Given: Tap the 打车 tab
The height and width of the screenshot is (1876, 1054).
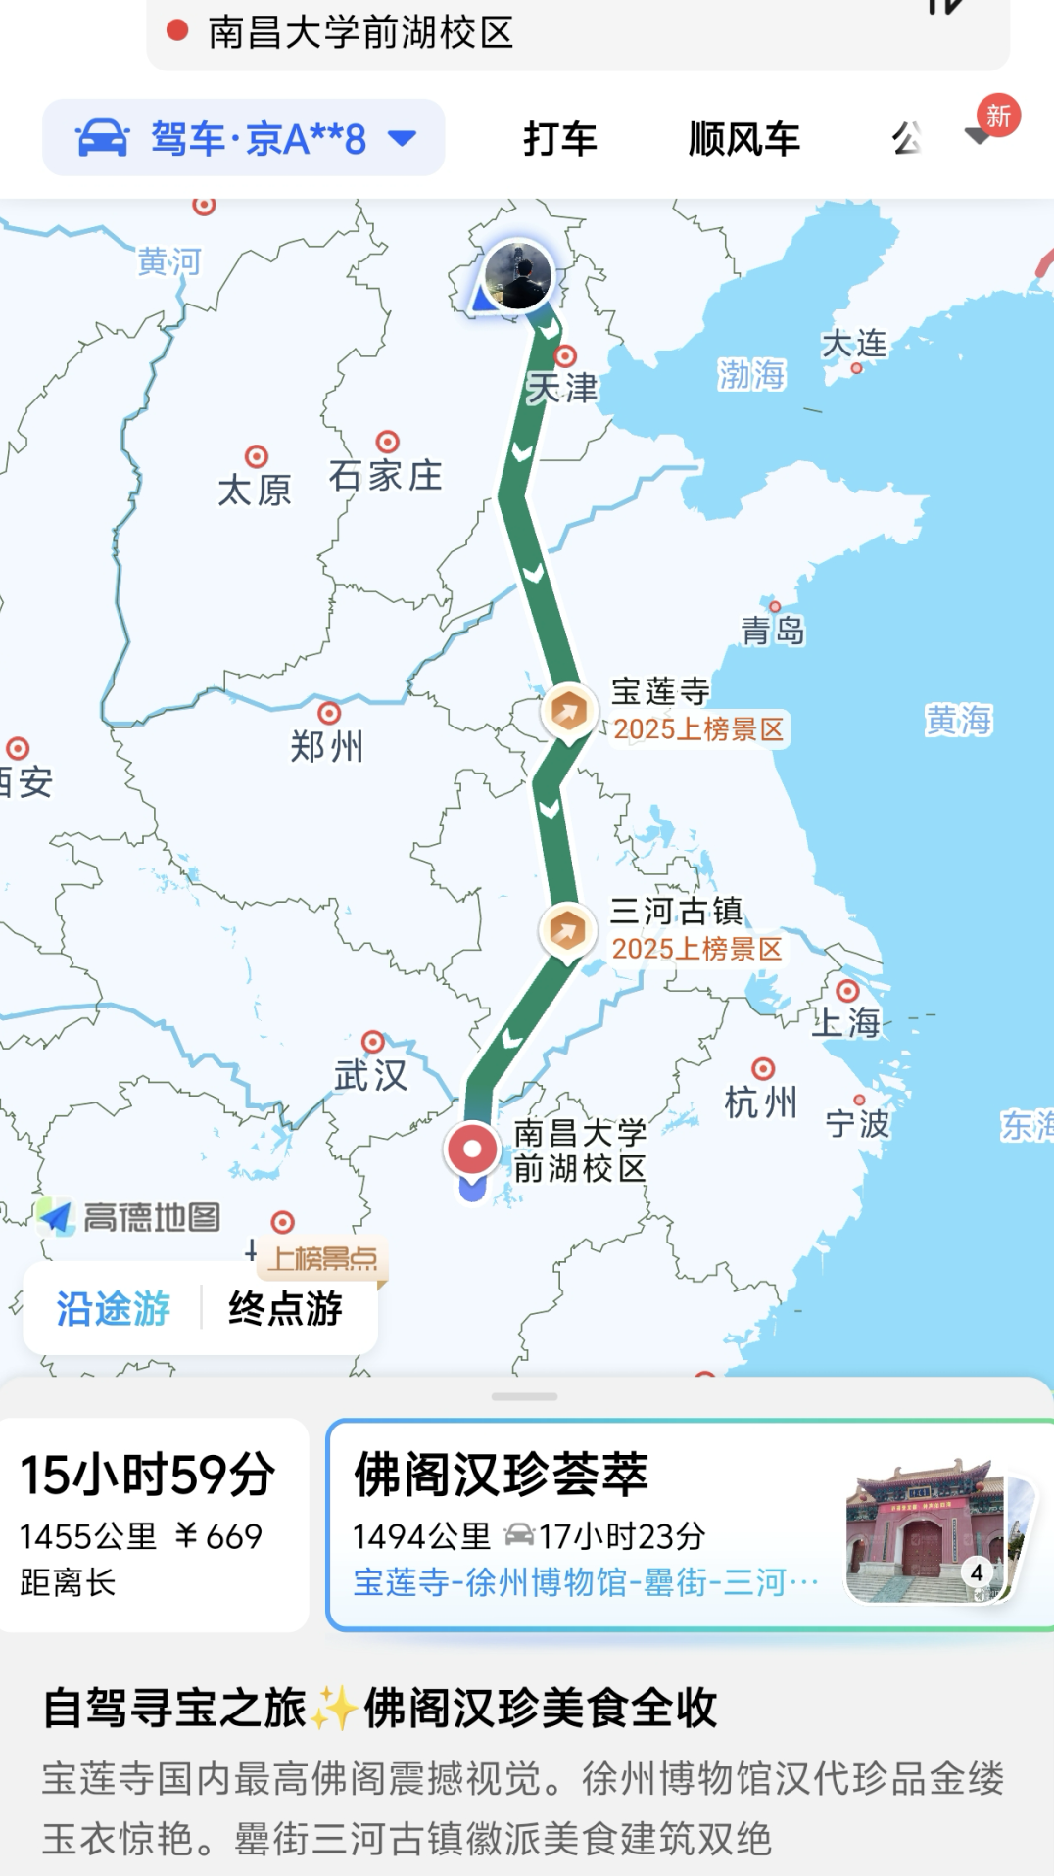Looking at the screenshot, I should coord(559,139).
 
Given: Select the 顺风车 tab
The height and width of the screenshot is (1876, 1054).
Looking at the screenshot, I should coord(743,139).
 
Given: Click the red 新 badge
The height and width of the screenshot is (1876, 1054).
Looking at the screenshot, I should coord(998,117).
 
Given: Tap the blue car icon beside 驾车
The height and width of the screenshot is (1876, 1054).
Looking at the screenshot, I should coord(103,139).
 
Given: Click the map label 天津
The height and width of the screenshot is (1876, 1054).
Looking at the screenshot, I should coord(562,388).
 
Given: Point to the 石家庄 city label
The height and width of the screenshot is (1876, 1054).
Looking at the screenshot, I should coord(385,476).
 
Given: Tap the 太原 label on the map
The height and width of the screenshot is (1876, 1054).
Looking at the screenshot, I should coord(255,489).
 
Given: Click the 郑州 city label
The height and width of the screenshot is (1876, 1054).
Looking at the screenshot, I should coord(327,746).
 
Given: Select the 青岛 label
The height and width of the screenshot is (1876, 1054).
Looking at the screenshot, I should coord(773,630).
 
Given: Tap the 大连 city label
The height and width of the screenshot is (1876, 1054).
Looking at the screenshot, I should coord(854,344).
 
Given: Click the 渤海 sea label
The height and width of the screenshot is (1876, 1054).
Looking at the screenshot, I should coord(751,374).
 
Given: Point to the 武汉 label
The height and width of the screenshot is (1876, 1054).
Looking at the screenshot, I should coord(370,1075).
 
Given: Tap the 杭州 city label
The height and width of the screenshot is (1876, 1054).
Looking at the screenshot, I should coord(760,1102).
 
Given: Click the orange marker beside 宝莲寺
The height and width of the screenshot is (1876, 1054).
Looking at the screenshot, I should coord(569,712).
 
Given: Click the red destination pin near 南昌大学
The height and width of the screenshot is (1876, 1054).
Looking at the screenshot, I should coord(472,1149).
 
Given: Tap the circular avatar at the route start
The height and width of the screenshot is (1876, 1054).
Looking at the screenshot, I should coord(518,275).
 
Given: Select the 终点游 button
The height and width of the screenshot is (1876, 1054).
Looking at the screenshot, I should coord(285,1308).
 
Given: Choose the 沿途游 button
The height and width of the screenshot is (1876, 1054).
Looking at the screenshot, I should coord(114,1308).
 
